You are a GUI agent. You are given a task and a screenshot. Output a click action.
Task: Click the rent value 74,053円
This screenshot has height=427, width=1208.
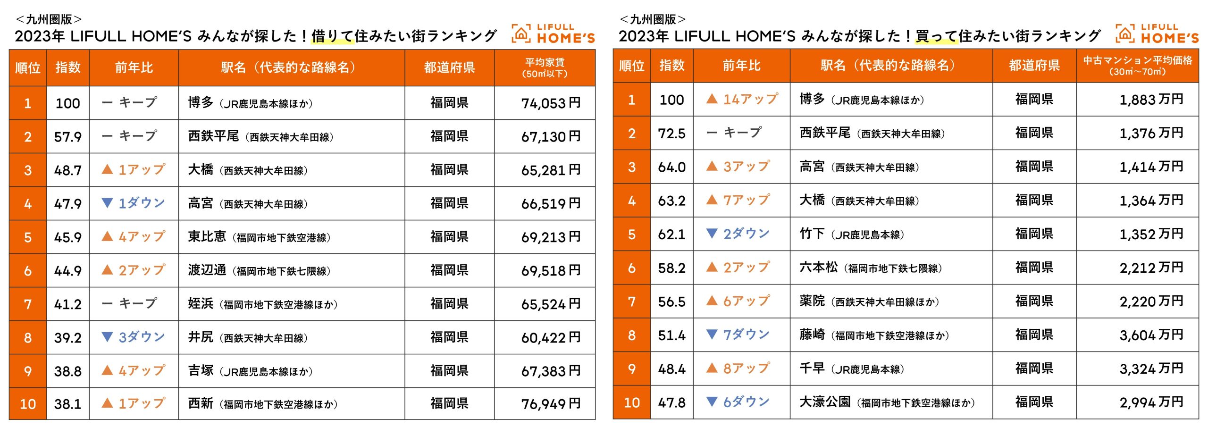pyautogui.click(x=550, y=103)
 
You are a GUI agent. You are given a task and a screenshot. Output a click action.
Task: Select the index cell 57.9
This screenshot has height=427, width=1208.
pyautogui.click(x=67, y=137)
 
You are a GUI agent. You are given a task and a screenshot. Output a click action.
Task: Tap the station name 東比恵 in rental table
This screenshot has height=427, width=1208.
pyautogui.click(x=207, y=236)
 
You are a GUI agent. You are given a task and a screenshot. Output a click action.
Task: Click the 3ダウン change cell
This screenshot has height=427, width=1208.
pyautogui.click(x=134, y=337)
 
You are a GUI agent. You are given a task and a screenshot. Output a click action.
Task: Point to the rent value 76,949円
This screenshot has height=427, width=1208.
pyautogui.click(x=550, y=404)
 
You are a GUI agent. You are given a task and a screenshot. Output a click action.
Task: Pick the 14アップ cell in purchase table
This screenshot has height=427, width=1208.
pyautogui.click(x=742, y=99)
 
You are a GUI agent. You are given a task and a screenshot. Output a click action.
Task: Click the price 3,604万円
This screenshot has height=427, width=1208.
pyautogui.click(x=1151, y=335)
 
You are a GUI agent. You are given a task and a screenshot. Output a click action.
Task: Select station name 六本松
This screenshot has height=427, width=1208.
pyautogui.click(x=818, y=268)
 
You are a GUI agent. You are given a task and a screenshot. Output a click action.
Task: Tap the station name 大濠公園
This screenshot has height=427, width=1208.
pyautogui.click(x=825, y=402)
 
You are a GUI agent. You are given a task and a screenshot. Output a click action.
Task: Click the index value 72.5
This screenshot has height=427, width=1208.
pyautogui.click(x=671, y=134)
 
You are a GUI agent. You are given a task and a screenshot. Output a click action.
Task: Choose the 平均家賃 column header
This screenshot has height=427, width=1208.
pyautogui.click(x=545, y=67)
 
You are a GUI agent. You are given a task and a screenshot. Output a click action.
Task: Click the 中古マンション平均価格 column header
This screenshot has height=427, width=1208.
pyautogui.click(x=1137, y=66)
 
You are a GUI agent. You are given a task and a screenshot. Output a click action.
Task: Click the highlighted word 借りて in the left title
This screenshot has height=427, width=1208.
pyautogui.click(x=332, y=36)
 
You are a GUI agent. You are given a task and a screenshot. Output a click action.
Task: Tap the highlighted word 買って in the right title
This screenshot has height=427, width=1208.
pyautogui.click(x=936, y=36)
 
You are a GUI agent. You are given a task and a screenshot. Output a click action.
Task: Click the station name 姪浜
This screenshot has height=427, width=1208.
pyautogui.click(x=201, y=303)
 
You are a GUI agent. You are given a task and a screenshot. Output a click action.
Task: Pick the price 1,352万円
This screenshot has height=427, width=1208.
pyautogui.click(x=1151, y=234)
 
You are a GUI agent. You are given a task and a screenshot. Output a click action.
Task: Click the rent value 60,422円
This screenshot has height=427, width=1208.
pyautogui.click(x=550, y=337)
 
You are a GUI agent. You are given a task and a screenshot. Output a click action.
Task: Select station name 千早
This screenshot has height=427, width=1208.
pyautogui.click(x=812, y=368)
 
